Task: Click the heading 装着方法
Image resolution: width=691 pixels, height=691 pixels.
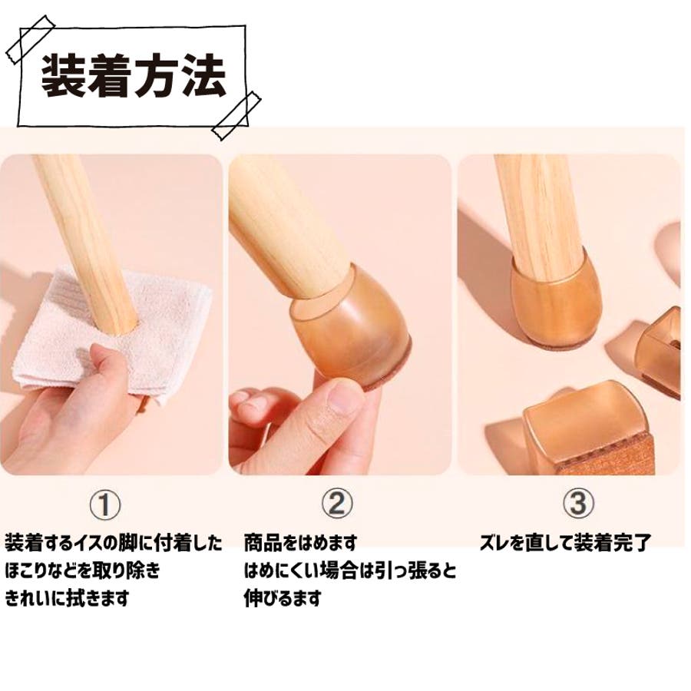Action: pyautogui.click(x=134, y=76)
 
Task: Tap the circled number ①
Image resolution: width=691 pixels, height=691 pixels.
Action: pyautogui.click(x=105, y=504)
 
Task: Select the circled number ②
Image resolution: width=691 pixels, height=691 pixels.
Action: pyautogui.click(x=337, y=503)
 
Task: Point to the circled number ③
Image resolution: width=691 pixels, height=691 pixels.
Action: pyautogui.click(x=578, y=503)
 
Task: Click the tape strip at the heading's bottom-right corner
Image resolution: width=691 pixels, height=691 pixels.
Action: pyautogui.click(x=236, y=115)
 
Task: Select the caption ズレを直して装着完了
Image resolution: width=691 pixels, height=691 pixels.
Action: pyautogui.click(x=565, y=543)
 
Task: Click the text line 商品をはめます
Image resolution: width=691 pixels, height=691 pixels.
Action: pyautogui.click(x=300, y=543)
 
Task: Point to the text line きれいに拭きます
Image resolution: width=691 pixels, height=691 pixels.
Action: pyautogui.click(x=67, y=598)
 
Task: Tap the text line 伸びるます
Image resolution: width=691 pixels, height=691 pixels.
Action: pyautogui.click(x=283, y=598)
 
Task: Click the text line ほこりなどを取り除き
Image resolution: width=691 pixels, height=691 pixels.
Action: pyautogui.click(x=82, y=570)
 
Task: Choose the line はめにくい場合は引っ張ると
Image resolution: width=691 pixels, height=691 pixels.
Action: pyautogui.click(x=350, y=570)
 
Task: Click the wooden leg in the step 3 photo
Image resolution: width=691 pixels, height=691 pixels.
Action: pyautogui.click(x=540, y=216)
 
